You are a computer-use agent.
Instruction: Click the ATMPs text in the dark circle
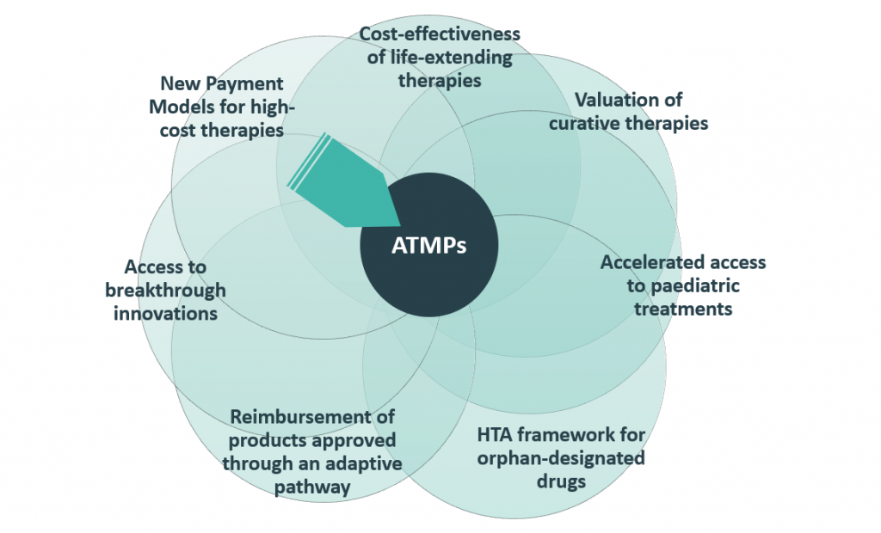pos(428,246)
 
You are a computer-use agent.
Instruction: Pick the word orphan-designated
pos(561,457)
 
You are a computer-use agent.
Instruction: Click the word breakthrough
pos(165,290)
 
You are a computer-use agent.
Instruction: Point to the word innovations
pos(165,313)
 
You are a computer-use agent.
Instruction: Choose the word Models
pos(180,107)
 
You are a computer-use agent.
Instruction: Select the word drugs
pos(562,481)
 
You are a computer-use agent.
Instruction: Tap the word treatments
pos(683,308)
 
